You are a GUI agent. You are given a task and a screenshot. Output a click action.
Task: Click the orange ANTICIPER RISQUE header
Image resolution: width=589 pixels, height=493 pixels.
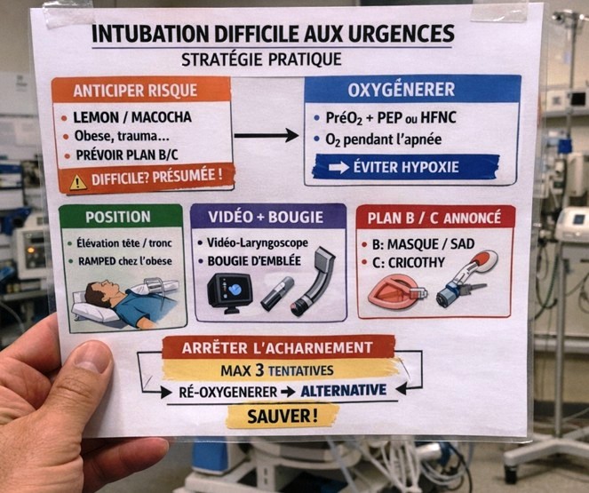(141, 91)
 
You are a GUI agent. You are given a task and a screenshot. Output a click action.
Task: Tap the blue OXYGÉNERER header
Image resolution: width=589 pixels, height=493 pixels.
(412, 90)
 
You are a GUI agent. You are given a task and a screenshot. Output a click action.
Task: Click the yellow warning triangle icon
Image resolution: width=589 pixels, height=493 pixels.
(78, 181)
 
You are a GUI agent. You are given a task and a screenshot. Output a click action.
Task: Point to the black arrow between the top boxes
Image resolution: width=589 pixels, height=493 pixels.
(267, 136)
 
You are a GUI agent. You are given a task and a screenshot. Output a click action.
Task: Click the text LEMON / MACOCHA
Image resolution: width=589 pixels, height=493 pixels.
(132, 117)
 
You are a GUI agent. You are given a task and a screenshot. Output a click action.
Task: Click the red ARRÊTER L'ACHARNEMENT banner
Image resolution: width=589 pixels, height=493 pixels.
(278, 346)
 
